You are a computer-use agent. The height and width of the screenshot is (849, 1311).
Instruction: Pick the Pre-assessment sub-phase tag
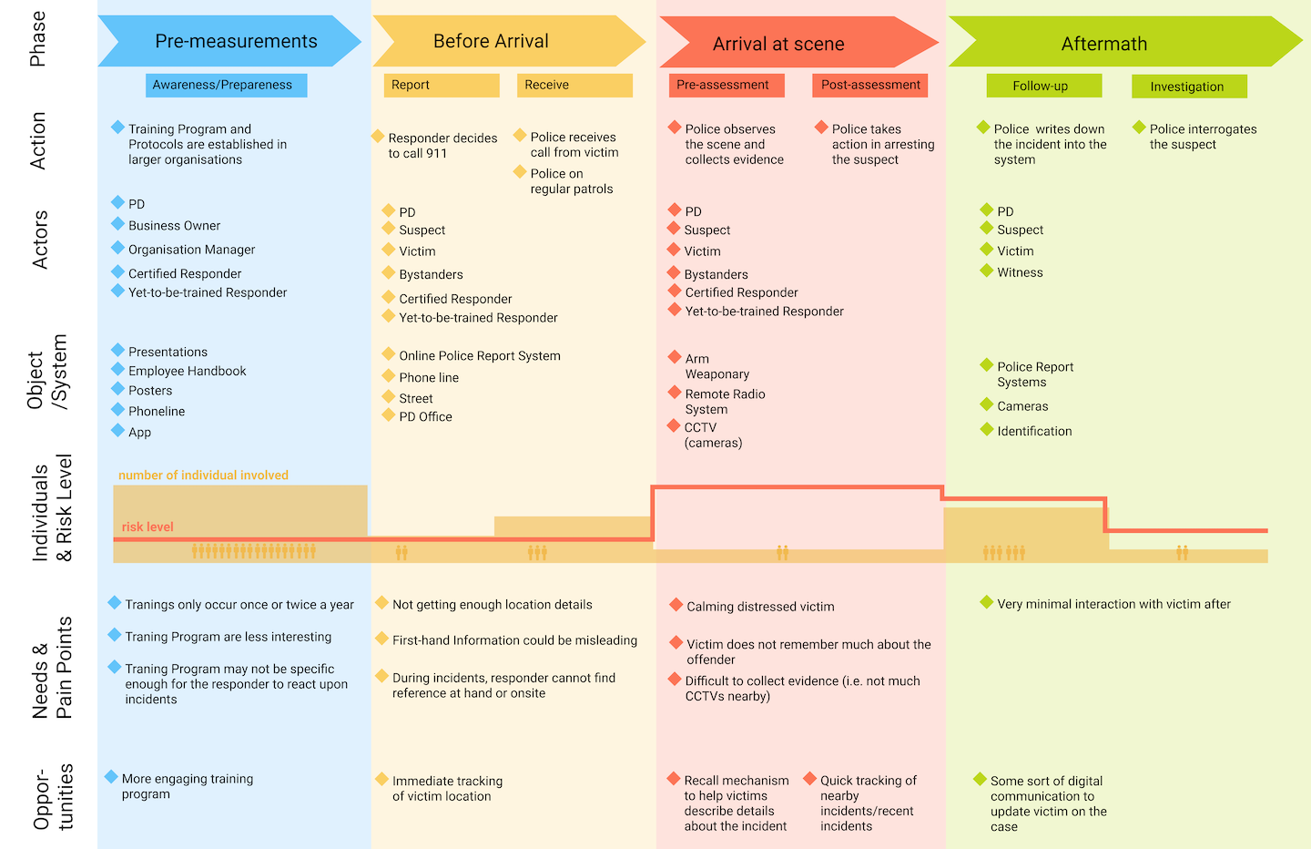723,85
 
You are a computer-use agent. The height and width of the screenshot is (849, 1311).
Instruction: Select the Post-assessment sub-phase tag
870,85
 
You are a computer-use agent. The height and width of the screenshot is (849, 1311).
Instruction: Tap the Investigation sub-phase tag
1188,87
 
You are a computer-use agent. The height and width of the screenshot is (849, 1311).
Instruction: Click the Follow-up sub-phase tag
1043,86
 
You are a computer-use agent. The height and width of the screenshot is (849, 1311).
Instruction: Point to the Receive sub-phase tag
574,85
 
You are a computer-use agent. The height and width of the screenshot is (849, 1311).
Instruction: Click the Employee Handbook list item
187,371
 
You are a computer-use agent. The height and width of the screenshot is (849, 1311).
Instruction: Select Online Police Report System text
479,355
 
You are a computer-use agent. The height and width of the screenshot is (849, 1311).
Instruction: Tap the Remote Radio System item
725,402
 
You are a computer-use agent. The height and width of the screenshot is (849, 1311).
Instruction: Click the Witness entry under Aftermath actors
1020,272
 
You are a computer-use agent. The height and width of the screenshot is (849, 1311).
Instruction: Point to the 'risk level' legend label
147,527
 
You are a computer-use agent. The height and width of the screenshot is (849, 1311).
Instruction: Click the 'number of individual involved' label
203,475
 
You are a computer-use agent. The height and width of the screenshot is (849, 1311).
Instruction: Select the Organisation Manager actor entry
191,250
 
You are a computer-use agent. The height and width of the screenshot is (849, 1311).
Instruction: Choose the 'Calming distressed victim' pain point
760,607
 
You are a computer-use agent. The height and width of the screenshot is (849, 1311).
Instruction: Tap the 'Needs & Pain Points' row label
52,668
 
